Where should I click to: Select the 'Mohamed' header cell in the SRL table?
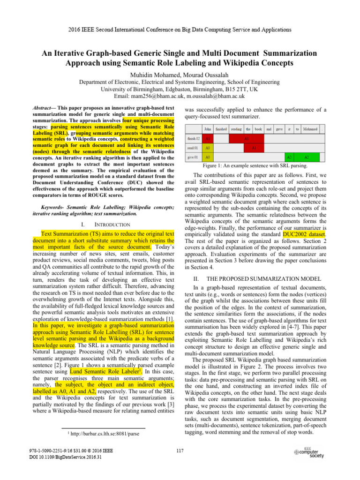[x=310, y=128]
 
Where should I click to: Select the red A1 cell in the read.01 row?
[x=254, y=148]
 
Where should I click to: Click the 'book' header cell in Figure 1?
[x=258, y=128]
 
